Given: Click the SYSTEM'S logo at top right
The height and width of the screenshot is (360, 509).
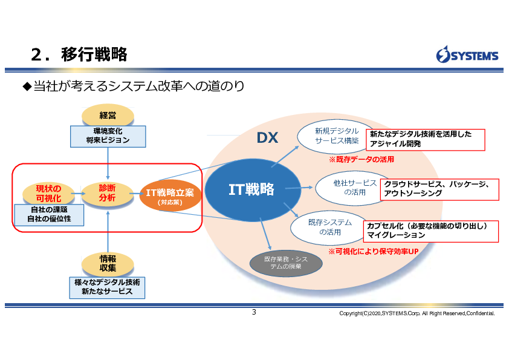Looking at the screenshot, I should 467,55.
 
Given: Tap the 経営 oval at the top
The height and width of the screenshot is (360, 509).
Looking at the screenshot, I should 108,115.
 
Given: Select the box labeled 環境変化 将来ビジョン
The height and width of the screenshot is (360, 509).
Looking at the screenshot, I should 108,136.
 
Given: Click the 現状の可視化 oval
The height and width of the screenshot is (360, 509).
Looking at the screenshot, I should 48,193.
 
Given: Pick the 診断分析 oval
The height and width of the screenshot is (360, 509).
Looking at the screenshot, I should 108,192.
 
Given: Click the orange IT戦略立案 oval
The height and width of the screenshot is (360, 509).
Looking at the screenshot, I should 170,194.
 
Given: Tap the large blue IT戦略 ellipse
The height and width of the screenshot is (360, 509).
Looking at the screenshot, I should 251,189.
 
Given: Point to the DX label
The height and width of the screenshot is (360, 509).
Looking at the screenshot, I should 267,138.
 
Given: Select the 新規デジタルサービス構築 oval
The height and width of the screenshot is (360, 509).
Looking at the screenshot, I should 336,136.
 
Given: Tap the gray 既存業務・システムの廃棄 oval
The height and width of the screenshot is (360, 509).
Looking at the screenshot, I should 286,263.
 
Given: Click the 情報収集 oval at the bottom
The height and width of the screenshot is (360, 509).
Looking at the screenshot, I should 108,263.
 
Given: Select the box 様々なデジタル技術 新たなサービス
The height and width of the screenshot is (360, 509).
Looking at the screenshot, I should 108,287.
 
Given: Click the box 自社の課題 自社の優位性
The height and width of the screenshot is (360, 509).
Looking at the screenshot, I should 50,214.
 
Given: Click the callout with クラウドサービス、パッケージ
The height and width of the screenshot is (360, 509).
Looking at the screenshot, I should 440,189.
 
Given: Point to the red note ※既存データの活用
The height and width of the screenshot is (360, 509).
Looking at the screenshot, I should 361,160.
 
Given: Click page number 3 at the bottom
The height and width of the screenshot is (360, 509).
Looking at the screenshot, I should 254,312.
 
